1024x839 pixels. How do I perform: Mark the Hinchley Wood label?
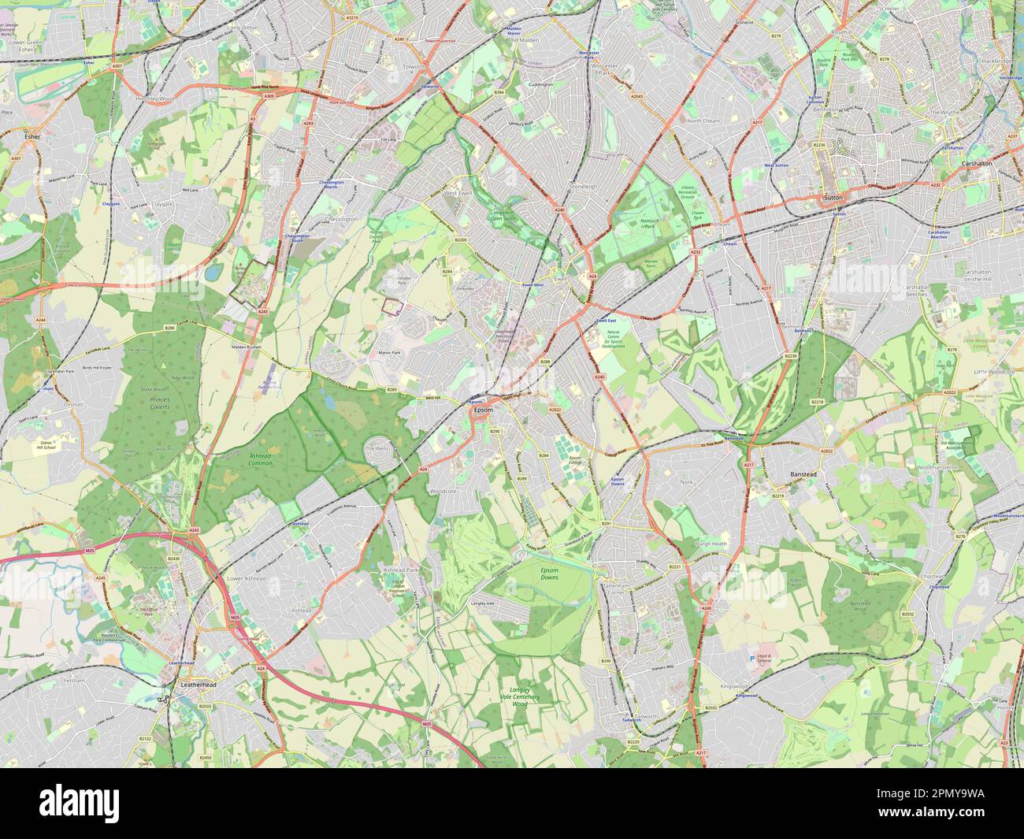point(154,98)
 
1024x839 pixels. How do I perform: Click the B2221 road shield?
point(674,567)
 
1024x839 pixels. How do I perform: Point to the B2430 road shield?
point(174,559)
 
